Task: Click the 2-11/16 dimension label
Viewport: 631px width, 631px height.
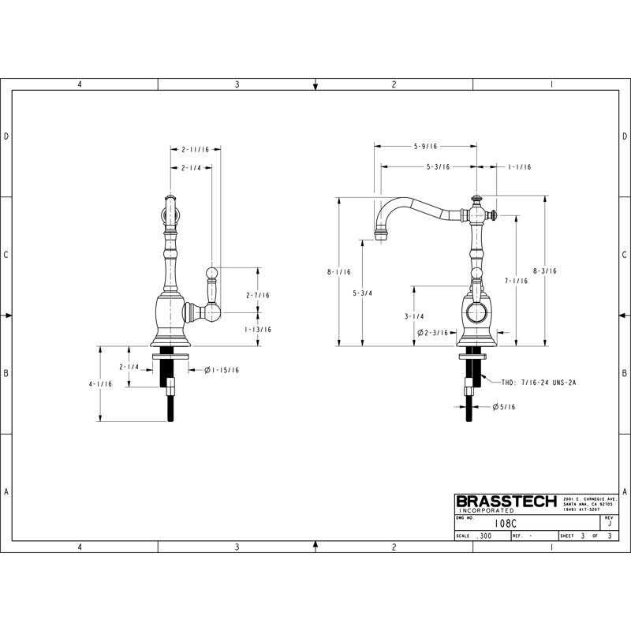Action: pos(195,149)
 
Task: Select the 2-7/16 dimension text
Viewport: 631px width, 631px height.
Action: pos(258,295)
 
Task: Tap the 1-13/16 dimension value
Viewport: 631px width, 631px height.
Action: pos(258,330)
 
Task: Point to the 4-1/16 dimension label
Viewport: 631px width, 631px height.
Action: pos(101,384)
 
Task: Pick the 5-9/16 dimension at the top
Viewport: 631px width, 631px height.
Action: pos(425,146)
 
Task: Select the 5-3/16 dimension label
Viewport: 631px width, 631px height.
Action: pos(438,167)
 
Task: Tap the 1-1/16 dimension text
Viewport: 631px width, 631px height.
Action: pos(519,167)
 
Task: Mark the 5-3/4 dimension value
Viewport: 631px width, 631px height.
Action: pos(363,293)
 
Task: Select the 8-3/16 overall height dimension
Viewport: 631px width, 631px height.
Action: pos(544,271)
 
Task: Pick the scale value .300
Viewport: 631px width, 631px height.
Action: pos(484,536)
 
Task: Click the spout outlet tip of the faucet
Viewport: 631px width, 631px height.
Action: pos(381,235)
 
